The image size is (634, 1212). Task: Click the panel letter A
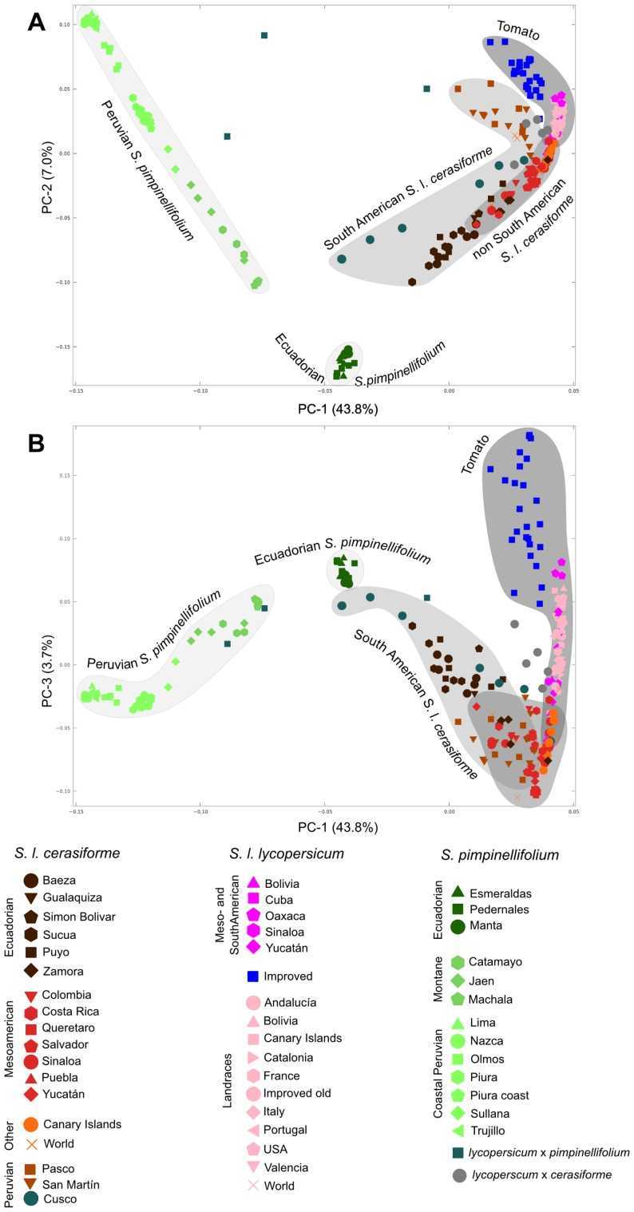click(x=37, y=21)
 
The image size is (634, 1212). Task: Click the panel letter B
click(x=37, y=443)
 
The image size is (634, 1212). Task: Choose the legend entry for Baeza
click(x=59, y=881)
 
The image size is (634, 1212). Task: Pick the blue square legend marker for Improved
click(x=253, y=976)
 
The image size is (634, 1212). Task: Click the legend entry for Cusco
click(x=59, y=1198)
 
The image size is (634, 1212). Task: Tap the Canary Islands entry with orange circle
click(x=82, y=1123)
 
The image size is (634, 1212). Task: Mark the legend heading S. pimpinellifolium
click(x=499, y=855)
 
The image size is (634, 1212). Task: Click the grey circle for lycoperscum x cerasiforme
click(x=458, y=1175)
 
